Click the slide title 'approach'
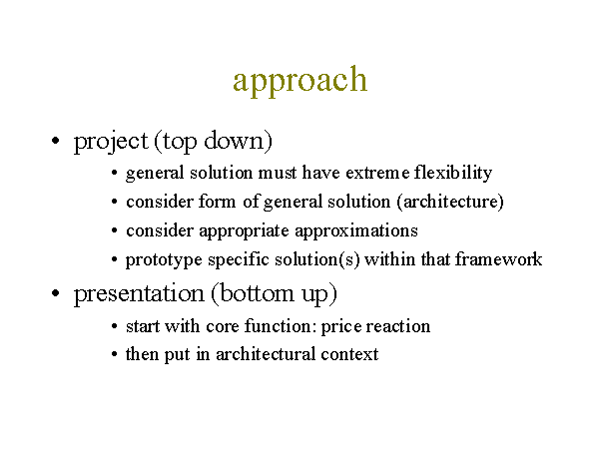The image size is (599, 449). pyautogui.click(x=299, y=81)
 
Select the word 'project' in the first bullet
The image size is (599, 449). pyautogui.click(x=111, y=142)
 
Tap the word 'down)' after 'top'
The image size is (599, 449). pyautogui.click(x=238, y=142)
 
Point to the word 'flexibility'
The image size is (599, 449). pyautogui.click(x=453, y=173)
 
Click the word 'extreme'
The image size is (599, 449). pyautogui.click(x=377, y=174)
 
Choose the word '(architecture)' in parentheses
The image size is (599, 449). pyautogui.click(x=450, y=202)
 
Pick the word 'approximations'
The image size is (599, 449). pyautogui.click(x=356, y=231)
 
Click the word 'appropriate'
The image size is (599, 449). pyautogui.click(x=245, y=231)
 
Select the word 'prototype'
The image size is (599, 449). pyautogui.click(x=164, y=260)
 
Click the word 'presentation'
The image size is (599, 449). pyautogui.click(x=139, y=294)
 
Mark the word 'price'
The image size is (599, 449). pyautogui.click(x=341, y=327)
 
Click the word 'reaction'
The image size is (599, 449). pyautogui.click(x=398, y=326)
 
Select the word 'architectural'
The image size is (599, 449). pyautogui.click(x=266, y=354)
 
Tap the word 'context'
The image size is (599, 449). pyautogui.click(x=350, y=354)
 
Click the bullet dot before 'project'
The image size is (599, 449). pyautogui.click(x=55, y=141)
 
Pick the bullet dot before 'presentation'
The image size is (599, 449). pyautogui.click(x=55, y=293)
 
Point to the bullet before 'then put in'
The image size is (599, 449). pyautogui.click(x=114, y=354)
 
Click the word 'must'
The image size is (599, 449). pyautogui.click(x=278, y=174)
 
